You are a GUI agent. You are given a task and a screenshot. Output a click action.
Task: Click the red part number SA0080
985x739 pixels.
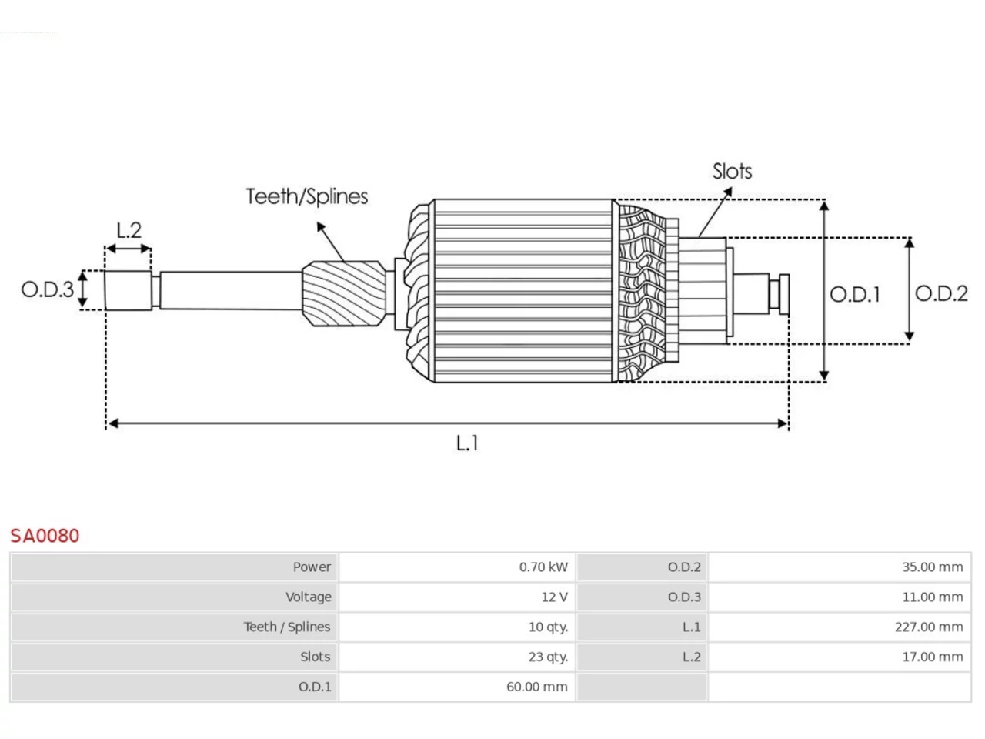(x=45, y=536)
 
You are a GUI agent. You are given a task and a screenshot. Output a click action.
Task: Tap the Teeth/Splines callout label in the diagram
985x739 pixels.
(x=307, y=196)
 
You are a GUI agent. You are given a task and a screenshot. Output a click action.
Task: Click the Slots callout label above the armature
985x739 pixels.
(x=732, y=172)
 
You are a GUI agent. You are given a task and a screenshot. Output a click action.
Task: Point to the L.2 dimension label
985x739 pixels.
(x=129, y=230)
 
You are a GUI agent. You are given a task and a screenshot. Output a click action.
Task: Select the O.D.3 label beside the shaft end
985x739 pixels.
(x=48, y=290)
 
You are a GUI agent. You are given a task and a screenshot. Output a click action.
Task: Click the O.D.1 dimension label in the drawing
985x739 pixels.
(x=855, y=295)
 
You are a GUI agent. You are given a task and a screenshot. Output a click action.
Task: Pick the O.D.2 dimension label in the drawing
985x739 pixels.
(x=941, y=293)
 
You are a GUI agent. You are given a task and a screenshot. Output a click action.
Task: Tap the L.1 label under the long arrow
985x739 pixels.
(x=467, y=443)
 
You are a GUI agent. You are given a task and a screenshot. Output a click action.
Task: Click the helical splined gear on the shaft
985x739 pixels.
(x=344, y=293)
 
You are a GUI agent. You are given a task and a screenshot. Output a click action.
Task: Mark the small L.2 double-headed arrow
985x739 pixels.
(x=129, y=249)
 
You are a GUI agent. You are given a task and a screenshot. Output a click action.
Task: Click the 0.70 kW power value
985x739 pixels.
(x=543, y=567)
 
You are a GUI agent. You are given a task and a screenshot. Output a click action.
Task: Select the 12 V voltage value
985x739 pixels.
(x=555, y=597)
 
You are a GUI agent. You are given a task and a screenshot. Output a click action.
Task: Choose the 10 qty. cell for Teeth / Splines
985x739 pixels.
(x=549, y=627)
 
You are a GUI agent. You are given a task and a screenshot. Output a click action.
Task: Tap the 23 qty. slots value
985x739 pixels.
(x=549, y=657)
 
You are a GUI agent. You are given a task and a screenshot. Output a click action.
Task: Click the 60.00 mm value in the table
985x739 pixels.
(x=537, y=687)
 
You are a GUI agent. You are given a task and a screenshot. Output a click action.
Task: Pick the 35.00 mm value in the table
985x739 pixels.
(x=933, y=567)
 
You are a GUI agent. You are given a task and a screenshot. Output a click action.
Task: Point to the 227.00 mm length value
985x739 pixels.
(x=929, y=627)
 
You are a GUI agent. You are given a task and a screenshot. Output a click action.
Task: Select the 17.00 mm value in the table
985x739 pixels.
(x=933, y=657)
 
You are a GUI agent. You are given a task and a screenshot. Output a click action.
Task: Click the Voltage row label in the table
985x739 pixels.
(x=309, y=597)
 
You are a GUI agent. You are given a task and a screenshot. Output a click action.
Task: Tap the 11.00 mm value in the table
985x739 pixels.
(x=933, y=597)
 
